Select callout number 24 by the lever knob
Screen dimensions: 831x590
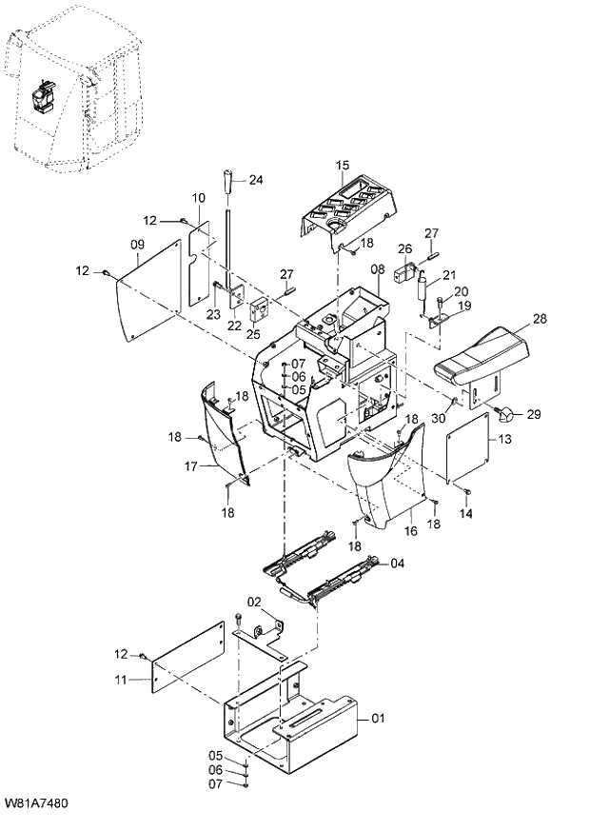click(x=255, y=179)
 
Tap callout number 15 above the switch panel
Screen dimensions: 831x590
click(x=343, y=166)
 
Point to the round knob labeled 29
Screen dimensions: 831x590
click(x=507, y=413)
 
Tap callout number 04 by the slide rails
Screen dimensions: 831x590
click(x=398, y=564)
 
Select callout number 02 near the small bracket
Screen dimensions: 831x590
click(x=254, y=602)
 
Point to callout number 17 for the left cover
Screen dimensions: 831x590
click(x=190, y=466)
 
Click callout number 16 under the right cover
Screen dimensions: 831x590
click(x=411, y=532)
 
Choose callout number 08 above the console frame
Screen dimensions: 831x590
click(x=376, y=269)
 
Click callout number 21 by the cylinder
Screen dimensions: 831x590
click(x=448, y=275)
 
